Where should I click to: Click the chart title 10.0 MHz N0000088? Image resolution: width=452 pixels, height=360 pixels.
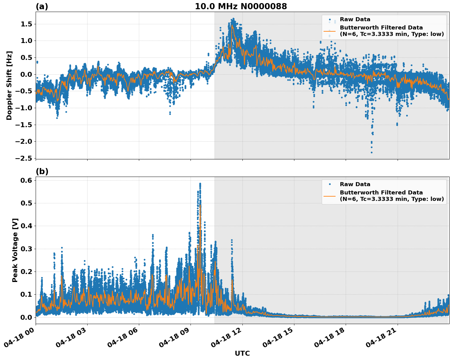(241, 6)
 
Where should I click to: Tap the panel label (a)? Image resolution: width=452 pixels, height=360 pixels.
(42, 6)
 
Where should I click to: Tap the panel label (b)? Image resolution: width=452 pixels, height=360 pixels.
(42, 171)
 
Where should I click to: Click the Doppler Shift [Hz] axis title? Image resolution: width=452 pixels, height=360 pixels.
(9, 85)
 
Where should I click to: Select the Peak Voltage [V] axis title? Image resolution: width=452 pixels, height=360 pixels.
(15, 250)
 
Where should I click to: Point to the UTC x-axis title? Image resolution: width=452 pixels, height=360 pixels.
(242, 353)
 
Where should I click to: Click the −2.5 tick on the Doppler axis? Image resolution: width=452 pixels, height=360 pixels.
(24, 158)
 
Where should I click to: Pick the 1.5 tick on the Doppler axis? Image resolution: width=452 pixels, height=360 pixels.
(26, 24)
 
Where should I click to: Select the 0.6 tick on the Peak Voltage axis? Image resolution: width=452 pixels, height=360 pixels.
(26, 180)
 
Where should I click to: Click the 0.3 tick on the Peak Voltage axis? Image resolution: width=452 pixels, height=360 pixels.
(26, 249)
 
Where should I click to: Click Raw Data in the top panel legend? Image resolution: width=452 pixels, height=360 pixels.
(355, 19)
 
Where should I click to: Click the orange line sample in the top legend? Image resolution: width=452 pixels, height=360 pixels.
(329, 31)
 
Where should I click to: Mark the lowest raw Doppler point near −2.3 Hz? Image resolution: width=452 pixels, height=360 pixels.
(371, 152)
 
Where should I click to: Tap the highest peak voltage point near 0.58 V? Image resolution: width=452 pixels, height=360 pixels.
(200, 184)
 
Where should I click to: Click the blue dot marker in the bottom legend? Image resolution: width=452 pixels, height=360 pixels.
(329, 184)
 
